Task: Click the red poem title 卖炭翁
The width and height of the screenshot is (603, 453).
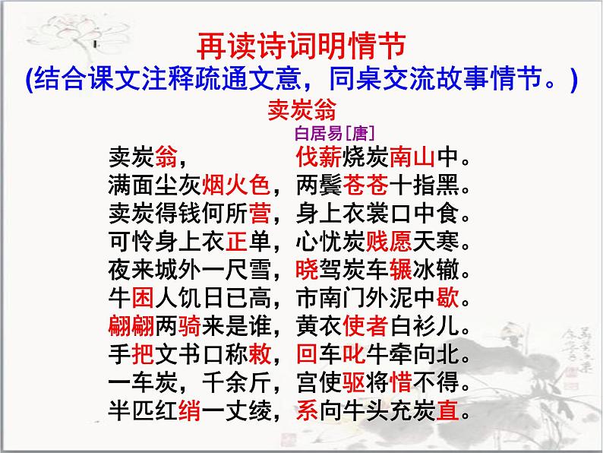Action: (x=301, y=109)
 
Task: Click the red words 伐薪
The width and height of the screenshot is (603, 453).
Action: (x=314, y=158)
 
